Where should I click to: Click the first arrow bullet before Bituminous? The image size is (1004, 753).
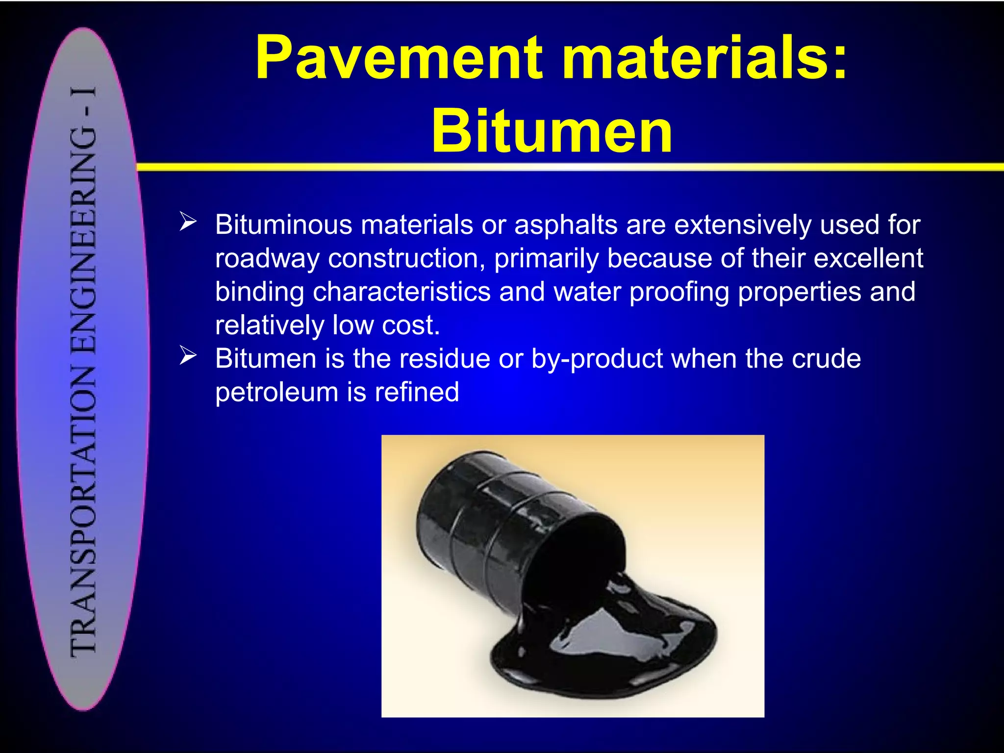(x=188, y=222)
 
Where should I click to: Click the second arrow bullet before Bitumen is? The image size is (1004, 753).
(x=188, y=355)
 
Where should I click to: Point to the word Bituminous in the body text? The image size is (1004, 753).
(x=284, y=225)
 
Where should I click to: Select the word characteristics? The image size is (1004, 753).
(x=402, y=292)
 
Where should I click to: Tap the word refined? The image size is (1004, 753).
(x=417, y=392)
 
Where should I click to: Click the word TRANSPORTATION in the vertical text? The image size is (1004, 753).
(x=83, y=510)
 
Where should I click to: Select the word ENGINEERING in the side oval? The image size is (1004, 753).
(x=83, y=240)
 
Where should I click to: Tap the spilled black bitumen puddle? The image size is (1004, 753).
(x=613, y=652)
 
